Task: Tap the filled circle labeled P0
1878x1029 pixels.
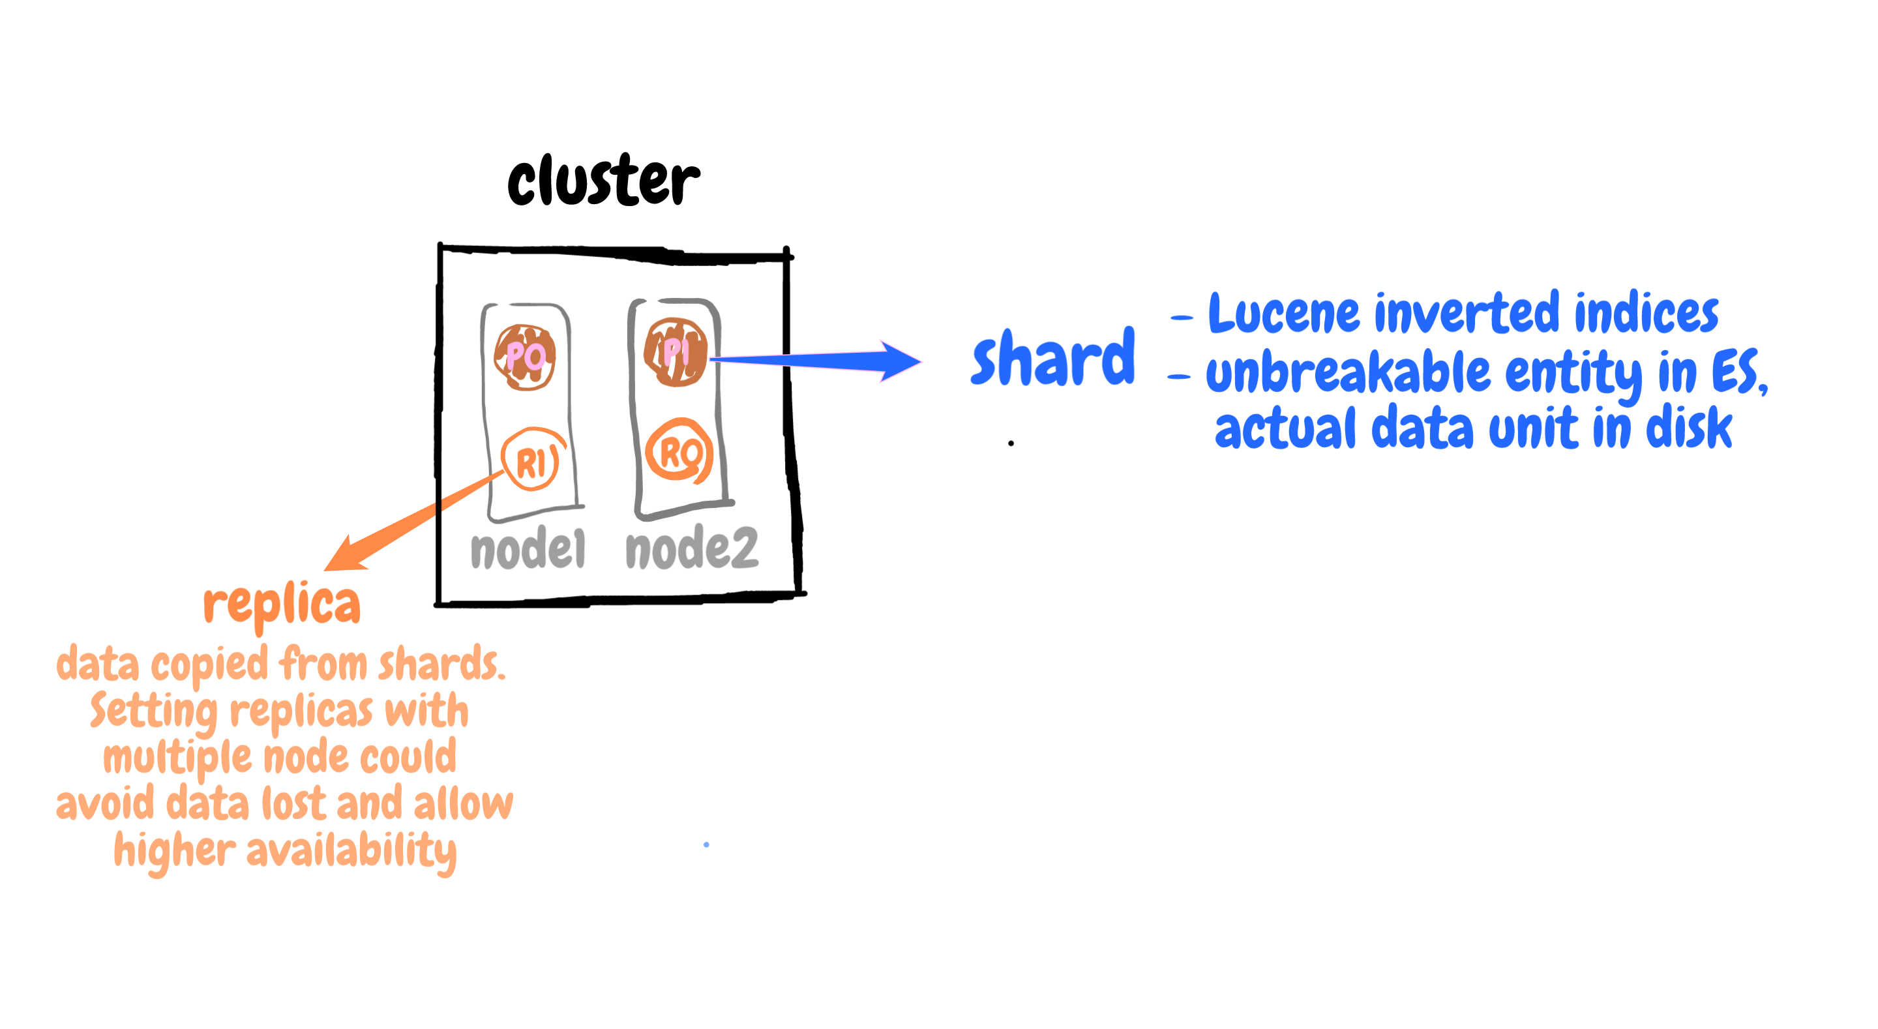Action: tap(525, 357)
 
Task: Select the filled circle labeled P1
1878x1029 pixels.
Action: tap(675, 352)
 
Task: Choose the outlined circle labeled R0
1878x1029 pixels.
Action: tap(679, 451)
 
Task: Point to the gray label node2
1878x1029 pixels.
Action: tap(691, 548)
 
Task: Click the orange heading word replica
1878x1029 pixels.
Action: tap(282, 604)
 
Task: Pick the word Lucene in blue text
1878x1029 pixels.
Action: tap(1283, 314)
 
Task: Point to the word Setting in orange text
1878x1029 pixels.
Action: tap(154, 711)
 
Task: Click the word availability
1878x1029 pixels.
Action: tap(351, 850)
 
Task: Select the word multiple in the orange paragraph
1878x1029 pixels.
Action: tap(177, 757)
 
